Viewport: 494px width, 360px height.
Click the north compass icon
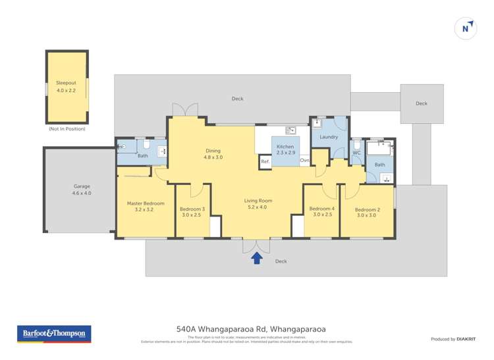click(466, 28)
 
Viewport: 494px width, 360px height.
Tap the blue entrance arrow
click(257, 258)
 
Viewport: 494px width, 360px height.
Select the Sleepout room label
click(66, 86)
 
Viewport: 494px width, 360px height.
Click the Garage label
click(82, 190)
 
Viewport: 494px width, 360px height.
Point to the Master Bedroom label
click(145, 207)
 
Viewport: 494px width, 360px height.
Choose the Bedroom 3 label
click(192, 212)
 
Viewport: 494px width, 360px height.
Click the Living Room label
click(258, 204)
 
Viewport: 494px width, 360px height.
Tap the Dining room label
click(213, 154)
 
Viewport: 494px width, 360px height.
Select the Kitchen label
click(285, 149)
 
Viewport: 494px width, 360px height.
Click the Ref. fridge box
click(265, 161)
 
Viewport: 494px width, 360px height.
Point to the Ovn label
click(304, 161)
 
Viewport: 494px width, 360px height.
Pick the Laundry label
click(329, 137)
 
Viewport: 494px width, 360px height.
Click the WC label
click(356, 153)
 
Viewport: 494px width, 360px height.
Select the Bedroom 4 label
click(322, 212)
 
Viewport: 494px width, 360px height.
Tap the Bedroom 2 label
click(368, 212)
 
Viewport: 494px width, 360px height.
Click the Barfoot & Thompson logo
click(54, 334)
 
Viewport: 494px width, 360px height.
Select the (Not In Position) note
click(67, 129)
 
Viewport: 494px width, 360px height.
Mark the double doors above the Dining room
click(186, 110)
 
